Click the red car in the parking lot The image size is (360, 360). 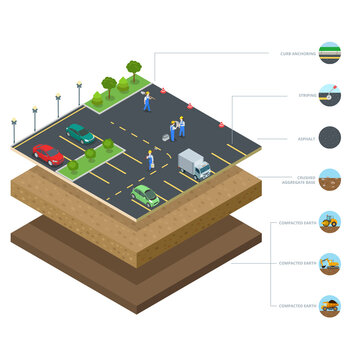[47, 154]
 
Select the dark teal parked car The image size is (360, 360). [79, 132]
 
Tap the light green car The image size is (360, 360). [145, 194]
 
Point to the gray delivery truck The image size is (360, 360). [194, 164]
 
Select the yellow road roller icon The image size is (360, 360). [329, 222]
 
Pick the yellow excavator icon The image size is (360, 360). [329, 264]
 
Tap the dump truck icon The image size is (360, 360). [329, 306]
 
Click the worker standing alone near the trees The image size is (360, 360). [147, 100]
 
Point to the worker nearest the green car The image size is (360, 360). [150, 159]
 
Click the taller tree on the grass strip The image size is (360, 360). [134, 70]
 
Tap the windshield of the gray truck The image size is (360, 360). [203, 166]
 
